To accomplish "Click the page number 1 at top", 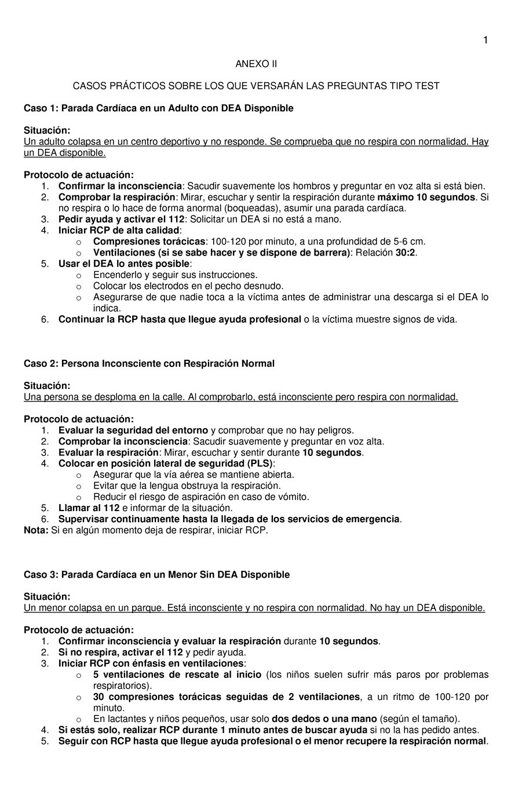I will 485,40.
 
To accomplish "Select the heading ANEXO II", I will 256,64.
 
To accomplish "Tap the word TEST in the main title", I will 428,86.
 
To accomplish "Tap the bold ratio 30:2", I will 406,253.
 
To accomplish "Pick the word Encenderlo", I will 116,275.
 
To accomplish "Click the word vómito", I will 294,497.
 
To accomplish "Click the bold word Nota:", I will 36,530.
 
